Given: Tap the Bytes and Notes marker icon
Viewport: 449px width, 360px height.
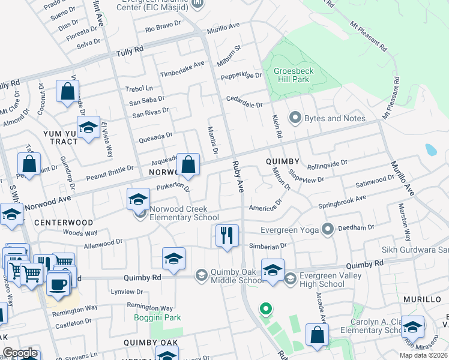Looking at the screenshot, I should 295,118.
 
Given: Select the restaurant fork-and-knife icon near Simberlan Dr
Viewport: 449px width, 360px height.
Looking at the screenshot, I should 227,235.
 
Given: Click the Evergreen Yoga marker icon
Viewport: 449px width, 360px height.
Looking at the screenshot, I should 327,229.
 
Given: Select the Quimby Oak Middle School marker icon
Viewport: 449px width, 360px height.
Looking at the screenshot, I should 201,275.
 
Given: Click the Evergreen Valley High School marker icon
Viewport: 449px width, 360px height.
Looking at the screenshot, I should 291,278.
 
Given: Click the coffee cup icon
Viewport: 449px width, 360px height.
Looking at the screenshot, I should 58,284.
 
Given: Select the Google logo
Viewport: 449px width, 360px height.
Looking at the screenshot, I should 20,353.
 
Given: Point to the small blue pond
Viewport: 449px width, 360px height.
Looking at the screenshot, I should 431,149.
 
